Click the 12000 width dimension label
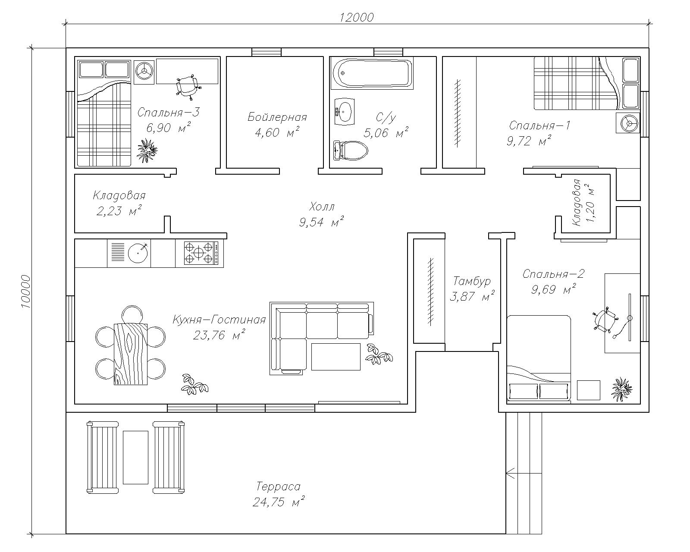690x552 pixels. [357, 17]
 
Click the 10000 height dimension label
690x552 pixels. [26, 292]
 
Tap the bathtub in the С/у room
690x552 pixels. [373, 73]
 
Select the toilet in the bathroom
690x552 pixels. [350, 150]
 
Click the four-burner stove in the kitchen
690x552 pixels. [201, 253]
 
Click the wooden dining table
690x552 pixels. [131, 354]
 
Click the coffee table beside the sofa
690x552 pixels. [336, 357]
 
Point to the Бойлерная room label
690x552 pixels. [277, 117]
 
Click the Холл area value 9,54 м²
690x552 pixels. [322, 222]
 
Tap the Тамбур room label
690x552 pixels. [472, 281]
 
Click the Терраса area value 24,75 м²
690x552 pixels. [278, 502]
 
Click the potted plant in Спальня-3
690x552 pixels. [147, 150]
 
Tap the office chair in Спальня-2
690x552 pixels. [604, 320]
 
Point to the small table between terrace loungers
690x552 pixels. [135, 458]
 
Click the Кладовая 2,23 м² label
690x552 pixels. [119, 203]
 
